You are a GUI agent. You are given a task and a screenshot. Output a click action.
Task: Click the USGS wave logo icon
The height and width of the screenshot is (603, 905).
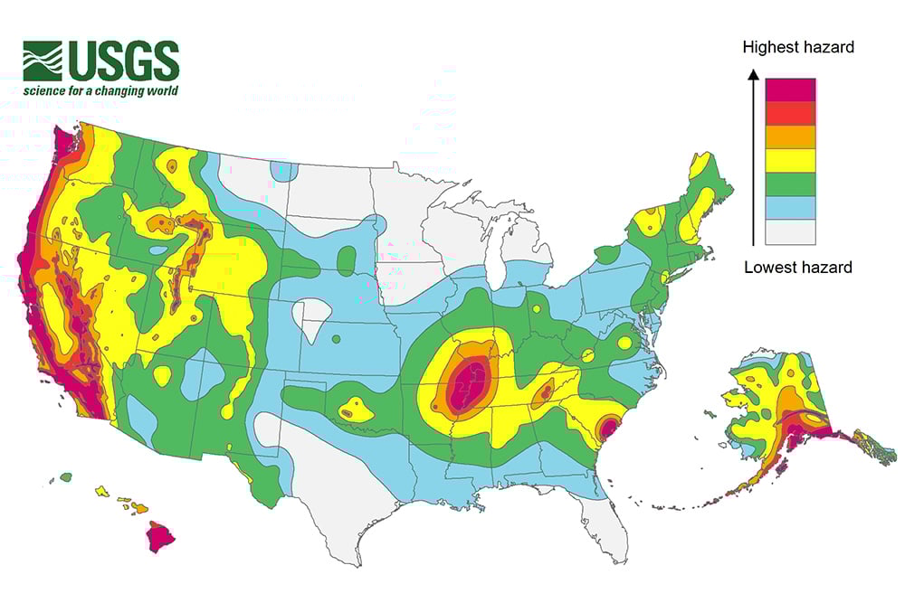click(43, 61)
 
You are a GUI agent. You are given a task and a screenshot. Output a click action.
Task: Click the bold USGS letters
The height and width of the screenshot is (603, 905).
click(121, 61)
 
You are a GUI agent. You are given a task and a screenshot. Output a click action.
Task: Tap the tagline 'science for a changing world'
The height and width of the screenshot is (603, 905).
click(101, 90)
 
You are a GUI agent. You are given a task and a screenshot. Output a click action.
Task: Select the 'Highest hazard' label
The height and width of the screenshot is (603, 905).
click(797, 47)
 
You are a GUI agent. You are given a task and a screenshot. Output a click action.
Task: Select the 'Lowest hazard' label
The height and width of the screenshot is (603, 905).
click(797, 267)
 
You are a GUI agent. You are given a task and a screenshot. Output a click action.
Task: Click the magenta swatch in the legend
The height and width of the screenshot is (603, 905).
click(790, 90)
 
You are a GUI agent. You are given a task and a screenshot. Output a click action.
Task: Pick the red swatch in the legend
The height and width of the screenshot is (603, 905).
click(790, 113)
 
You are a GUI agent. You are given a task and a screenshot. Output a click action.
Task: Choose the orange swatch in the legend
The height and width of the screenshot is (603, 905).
click(790, 137)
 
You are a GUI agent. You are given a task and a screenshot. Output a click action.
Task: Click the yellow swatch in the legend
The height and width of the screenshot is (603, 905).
click(790, 161)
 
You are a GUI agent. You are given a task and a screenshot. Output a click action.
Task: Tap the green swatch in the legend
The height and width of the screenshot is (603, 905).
click(790, 184)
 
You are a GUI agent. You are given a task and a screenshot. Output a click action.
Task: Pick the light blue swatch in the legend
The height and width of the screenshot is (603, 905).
click(790, 209)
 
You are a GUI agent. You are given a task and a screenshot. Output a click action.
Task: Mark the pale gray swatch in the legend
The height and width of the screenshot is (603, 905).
click(790, 232)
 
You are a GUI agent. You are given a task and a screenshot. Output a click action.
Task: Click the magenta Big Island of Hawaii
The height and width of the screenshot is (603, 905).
click(160, 536)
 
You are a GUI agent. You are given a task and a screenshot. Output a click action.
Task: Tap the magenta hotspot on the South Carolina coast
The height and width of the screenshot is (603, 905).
click(608, 426)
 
